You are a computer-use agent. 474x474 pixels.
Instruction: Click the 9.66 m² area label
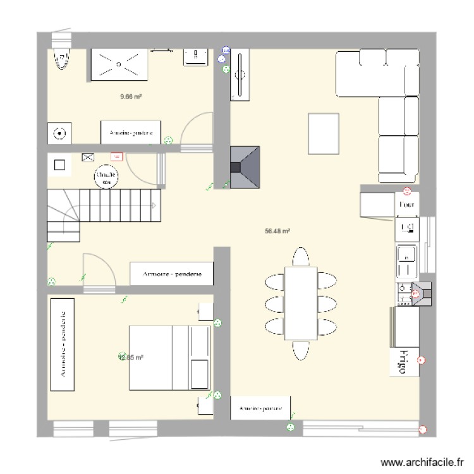click(131, 97)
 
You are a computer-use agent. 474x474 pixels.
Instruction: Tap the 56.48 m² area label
click(277, 231)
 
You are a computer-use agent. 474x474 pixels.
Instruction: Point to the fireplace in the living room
click(245, 167)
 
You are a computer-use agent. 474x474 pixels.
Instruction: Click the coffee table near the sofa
click(324, 133)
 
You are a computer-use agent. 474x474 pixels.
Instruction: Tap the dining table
click(300, 303)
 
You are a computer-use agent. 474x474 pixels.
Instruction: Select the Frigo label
click(401, 362)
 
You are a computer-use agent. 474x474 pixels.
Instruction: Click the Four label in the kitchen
click(406, 205)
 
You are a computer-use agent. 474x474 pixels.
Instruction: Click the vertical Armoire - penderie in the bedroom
click(62, 345)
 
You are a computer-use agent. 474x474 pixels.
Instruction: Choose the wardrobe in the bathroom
click(131, 133)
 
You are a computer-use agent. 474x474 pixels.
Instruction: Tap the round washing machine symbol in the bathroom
click(59, 134)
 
